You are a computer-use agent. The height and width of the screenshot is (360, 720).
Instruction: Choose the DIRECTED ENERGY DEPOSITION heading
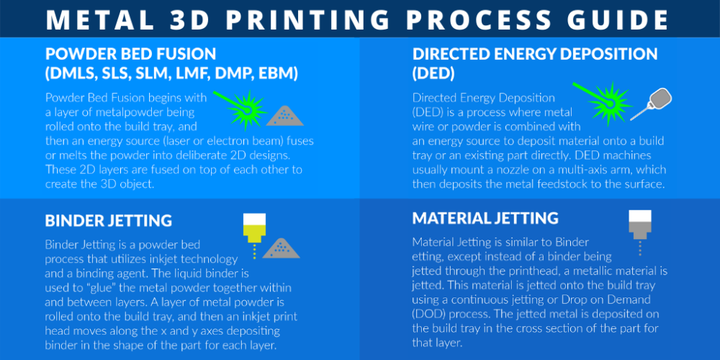(x=535, y=55)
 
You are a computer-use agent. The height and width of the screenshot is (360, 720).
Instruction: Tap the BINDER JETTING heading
(x=108, y=220)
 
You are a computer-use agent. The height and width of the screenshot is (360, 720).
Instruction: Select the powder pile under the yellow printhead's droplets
(x=281, y=249)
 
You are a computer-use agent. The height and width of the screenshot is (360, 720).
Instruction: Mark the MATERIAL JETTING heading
(x=485, y=218)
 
